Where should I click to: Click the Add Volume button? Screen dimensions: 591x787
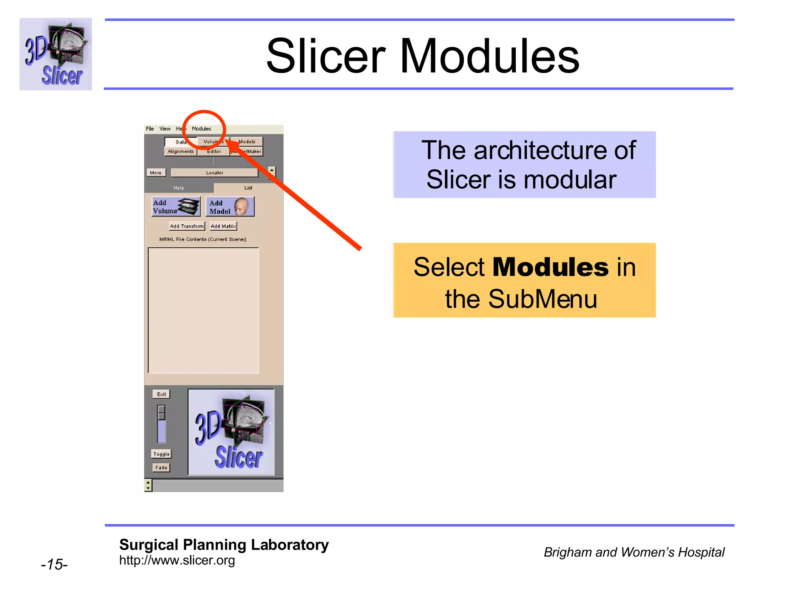point(176,207)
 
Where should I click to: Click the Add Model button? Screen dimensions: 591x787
point(230,207)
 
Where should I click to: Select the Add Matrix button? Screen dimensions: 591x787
point(223,226)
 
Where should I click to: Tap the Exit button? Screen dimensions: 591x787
point(161,394)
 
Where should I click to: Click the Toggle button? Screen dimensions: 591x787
point(161,454)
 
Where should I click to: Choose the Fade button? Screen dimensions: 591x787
point(161,467)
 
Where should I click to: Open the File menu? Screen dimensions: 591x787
point(150,129)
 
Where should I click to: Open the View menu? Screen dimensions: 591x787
point(165,129)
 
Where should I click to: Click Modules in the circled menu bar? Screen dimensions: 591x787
point(201,129)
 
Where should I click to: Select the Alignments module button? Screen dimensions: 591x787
point(181,152)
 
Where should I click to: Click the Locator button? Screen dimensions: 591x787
point(214,173)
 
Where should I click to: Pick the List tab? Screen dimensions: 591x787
point(248,188)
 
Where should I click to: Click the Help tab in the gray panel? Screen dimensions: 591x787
point(179,188)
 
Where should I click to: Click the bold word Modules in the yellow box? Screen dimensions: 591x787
point(550,267)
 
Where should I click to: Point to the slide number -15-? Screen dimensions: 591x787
point(54,564)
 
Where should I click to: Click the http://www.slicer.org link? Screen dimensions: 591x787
point(177,560)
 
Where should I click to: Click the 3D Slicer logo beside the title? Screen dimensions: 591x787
point(56,54)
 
